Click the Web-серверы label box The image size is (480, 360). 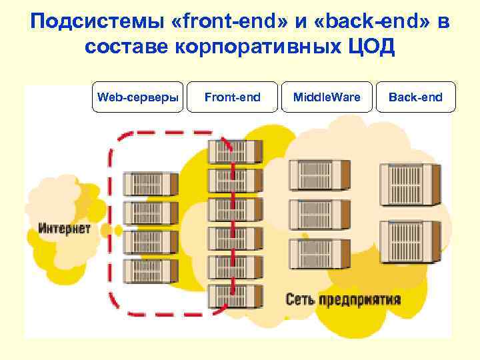pyautogui.click(x=137, y=97)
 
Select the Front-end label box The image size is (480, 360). pyautogui.click(x=232, y=97)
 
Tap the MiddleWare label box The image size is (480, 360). pyautogui.click(x=327, y=97)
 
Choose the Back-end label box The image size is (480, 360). pyautogui.click(x=415, y=97)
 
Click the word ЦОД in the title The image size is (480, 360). pyautogui.click(x=371, y=47)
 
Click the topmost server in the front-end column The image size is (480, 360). pyautogui.click(x=227, y=151)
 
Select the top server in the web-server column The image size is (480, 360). pyautogui.click(x=151, y=183)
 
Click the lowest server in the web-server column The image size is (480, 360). pyautogui.click(x=151, y=269)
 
